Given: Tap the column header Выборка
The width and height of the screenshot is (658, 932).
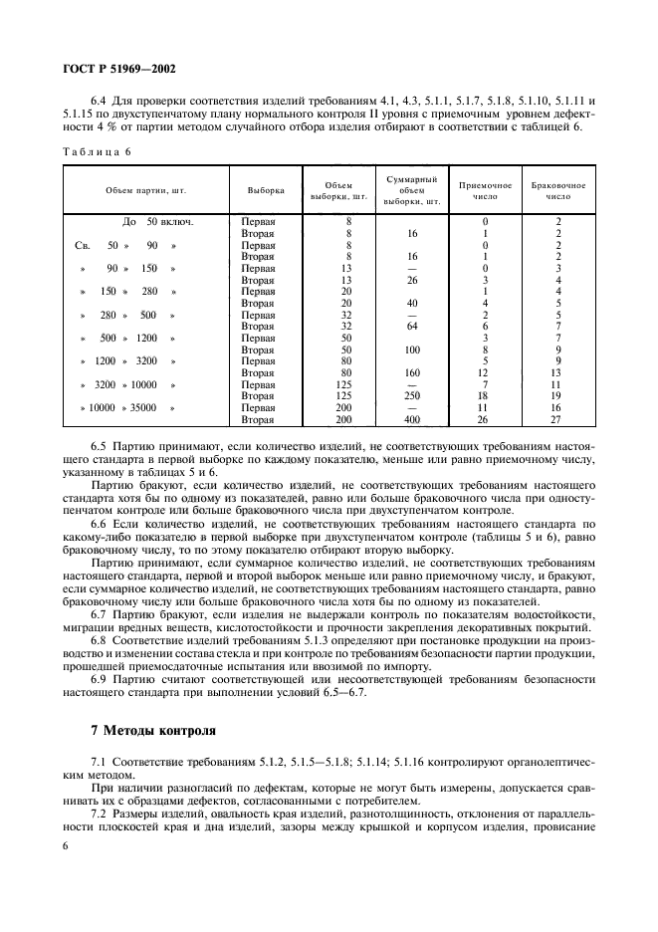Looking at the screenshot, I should point(266,188).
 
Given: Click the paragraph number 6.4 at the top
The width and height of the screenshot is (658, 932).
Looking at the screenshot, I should point(101,102).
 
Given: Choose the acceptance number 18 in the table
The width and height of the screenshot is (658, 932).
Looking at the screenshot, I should point(485,396).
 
